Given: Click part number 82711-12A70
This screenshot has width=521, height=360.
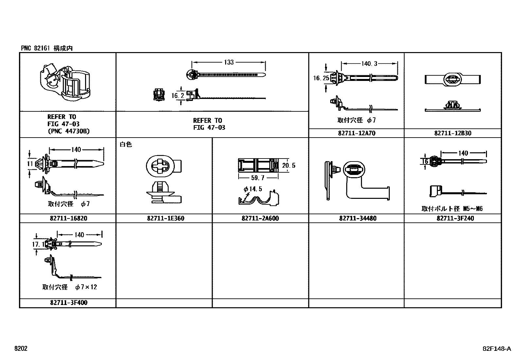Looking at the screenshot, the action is point(357,133).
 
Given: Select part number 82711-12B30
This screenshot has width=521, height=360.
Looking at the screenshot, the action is point(453,133).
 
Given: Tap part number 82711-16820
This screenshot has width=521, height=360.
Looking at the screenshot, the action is point(68,218).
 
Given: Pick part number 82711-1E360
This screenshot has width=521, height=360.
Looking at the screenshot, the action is point(166,218).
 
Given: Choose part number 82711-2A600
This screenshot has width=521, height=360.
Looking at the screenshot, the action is point(260,218).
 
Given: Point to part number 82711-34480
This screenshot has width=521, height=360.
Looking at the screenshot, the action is point(358,218).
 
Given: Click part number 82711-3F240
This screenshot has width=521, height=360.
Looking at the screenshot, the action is point(455,218).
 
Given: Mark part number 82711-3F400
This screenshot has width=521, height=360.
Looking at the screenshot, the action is point(69,302).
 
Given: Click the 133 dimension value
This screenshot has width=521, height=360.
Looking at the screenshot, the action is point(229,62).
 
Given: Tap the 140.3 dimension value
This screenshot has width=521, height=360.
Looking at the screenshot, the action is point(369,64).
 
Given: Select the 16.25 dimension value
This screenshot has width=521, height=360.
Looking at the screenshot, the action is point(321,78).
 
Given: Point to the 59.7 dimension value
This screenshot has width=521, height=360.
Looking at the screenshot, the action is point(258,178).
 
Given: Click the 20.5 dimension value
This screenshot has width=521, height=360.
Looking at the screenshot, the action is point(289,165).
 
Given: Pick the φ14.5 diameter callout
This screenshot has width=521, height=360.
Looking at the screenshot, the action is point(253,189).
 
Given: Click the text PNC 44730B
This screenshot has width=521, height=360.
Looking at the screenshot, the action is point(69,131).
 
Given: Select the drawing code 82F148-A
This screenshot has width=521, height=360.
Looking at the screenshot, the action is point(497,349).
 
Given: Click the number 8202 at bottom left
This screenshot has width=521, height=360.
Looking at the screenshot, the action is point(21,348).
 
